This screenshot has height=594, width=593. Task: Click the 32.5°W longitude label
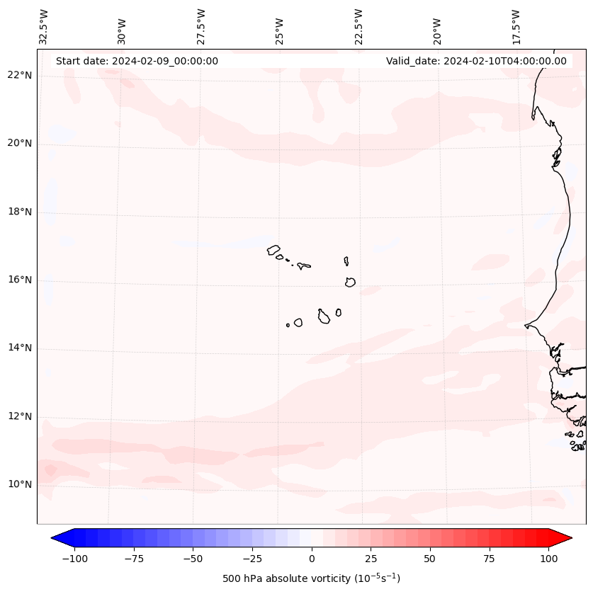tap(44, 26)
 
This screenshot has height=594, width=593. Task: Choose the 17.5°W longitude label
tap(516, 26)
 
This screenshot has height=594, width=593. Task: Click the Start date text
tap(137, 61)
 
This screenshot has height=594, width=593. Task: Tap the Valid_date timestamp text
tap(476, 61)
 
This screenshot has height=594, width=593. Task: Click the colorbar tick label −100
tap(74, 559)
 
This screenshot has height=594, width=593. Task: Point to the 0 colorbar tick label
tap(312, 559)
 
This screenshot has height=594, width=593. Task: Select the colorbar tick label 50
tap(430, 559)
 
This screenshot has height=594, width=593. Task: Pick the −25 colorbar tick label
tap(252, 559)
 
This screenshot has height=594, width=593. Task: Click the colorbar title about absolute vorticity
tap(312, 578)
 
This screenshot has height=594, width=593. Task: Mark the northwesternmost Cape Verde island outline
tap(273, 250)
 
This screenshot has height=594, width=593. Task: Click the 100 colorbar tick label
tap(548, 559)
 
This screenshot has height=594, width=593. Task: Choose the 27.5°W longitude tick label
tap(201, 26)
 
